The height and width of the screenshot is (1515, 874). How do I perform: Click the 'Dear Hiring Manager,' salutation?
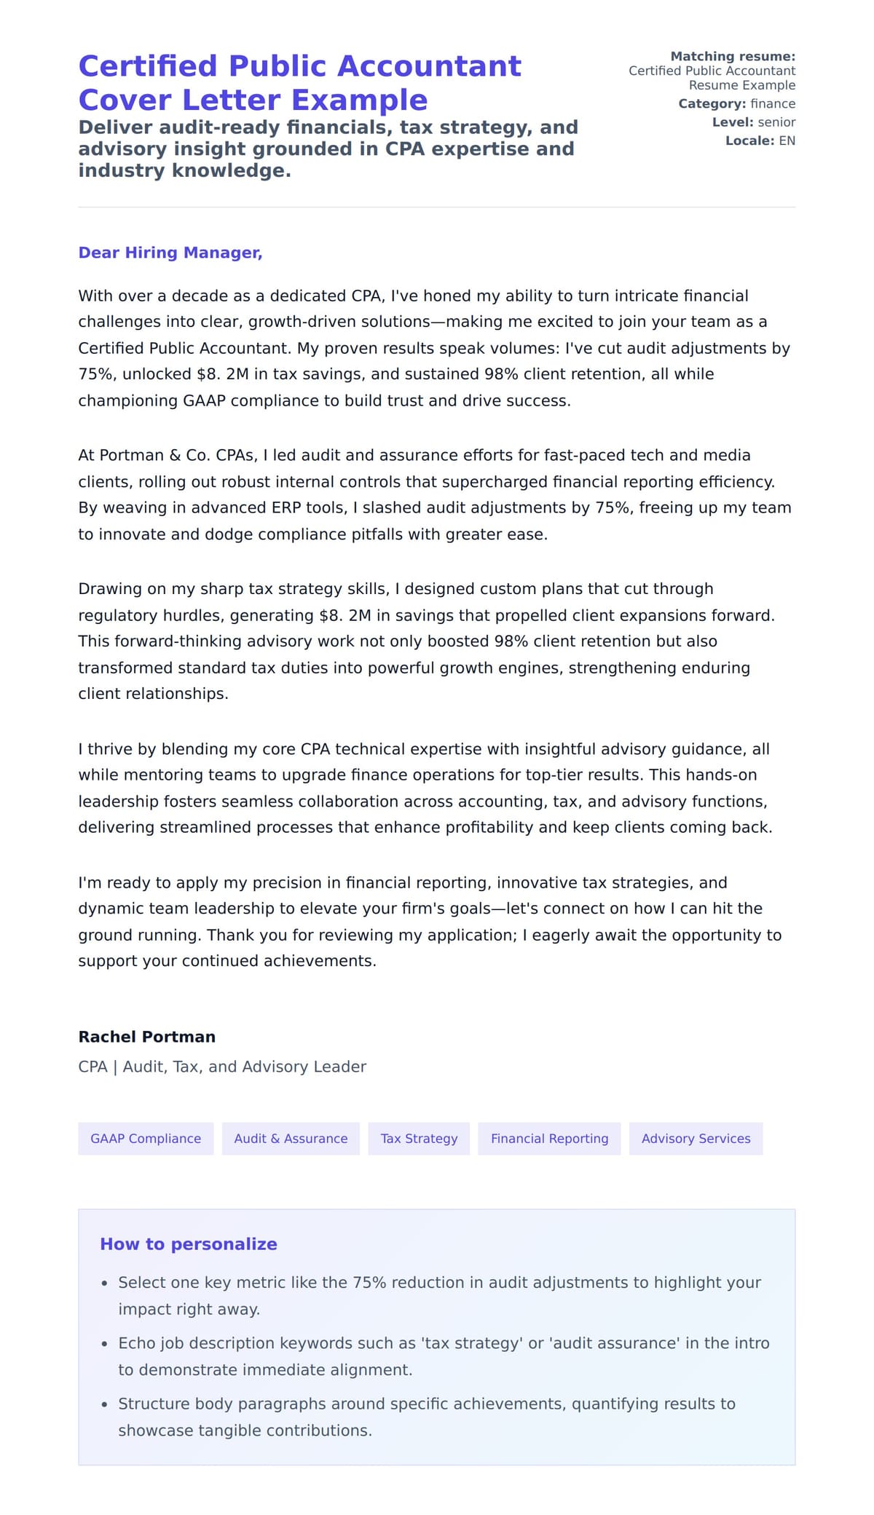click(x=170, y=253)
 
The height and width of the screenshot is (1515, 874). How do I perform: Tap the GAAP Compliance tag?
click(x=146, y=1139)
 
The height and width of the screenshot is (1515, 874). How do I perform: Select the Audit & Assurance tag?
click(x=291, y=1139)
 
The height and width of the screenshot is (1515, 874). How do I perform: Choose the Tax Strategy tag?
click(x=419, y=1139)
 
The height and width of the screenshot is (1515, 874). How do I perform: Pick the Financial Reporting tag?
click(x=549, y=1139)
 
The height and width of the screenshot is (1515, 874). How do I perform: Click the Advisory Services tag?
click(x=696, y=1139)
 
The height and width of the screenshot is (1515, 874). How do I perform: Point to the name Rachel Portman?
click(x=146, y=1037)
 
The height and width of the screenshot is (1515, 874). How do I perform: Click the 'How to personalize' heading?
click(x=188, y=1244)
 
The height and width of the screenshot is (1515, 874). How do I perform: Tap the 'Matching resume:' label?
click(x=732, y=56)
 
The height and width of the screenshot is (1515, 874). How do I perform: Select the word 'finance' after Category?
click(x=772, y=104)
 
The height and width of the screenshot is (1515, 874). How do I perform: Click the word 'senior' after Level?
click(x=776, y=122)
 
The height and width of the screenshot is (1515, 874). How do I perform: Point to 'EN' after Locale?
click(x=787, y=141)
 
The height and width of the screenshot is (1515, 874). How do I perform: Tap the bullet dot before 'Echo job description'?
click(x=105, y=1345)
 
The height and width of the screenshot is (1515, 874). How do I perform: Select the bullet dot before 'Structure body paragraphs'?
click(x=105, y=1405)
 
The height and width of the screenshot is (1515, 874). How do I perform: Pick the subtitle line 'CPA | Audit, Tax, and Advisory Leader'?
click(x=222, y=1067)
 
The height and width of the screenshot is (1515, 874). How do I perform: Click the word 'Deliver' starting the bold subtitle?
click(x=115, y=127)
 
